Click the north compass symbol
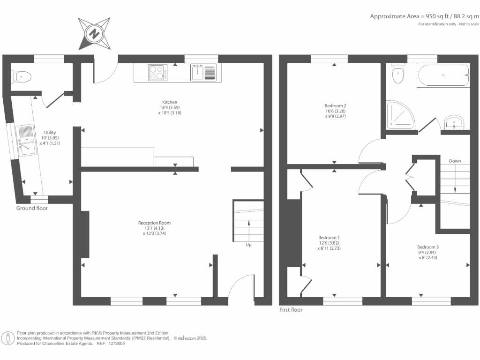pos(95,33)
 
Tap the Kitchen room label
pos(170,102)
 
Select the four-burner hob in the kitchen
pos(158,73)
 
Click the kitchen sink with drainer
pos(203,73)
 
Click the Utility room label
pos(50,133)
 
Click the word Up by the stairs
pos(248,245)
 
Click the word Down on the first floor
pos(455,161)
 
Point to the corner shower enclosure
pos(400,115)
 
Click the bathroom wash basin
pos(453,123)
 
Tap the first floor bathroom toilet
pos(398,74)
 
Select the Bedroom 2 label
pos(335,106)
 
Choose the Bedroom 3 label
pos(427,247)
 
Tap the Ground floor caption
pos(32,208)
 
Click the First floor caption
pos(291,310)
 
